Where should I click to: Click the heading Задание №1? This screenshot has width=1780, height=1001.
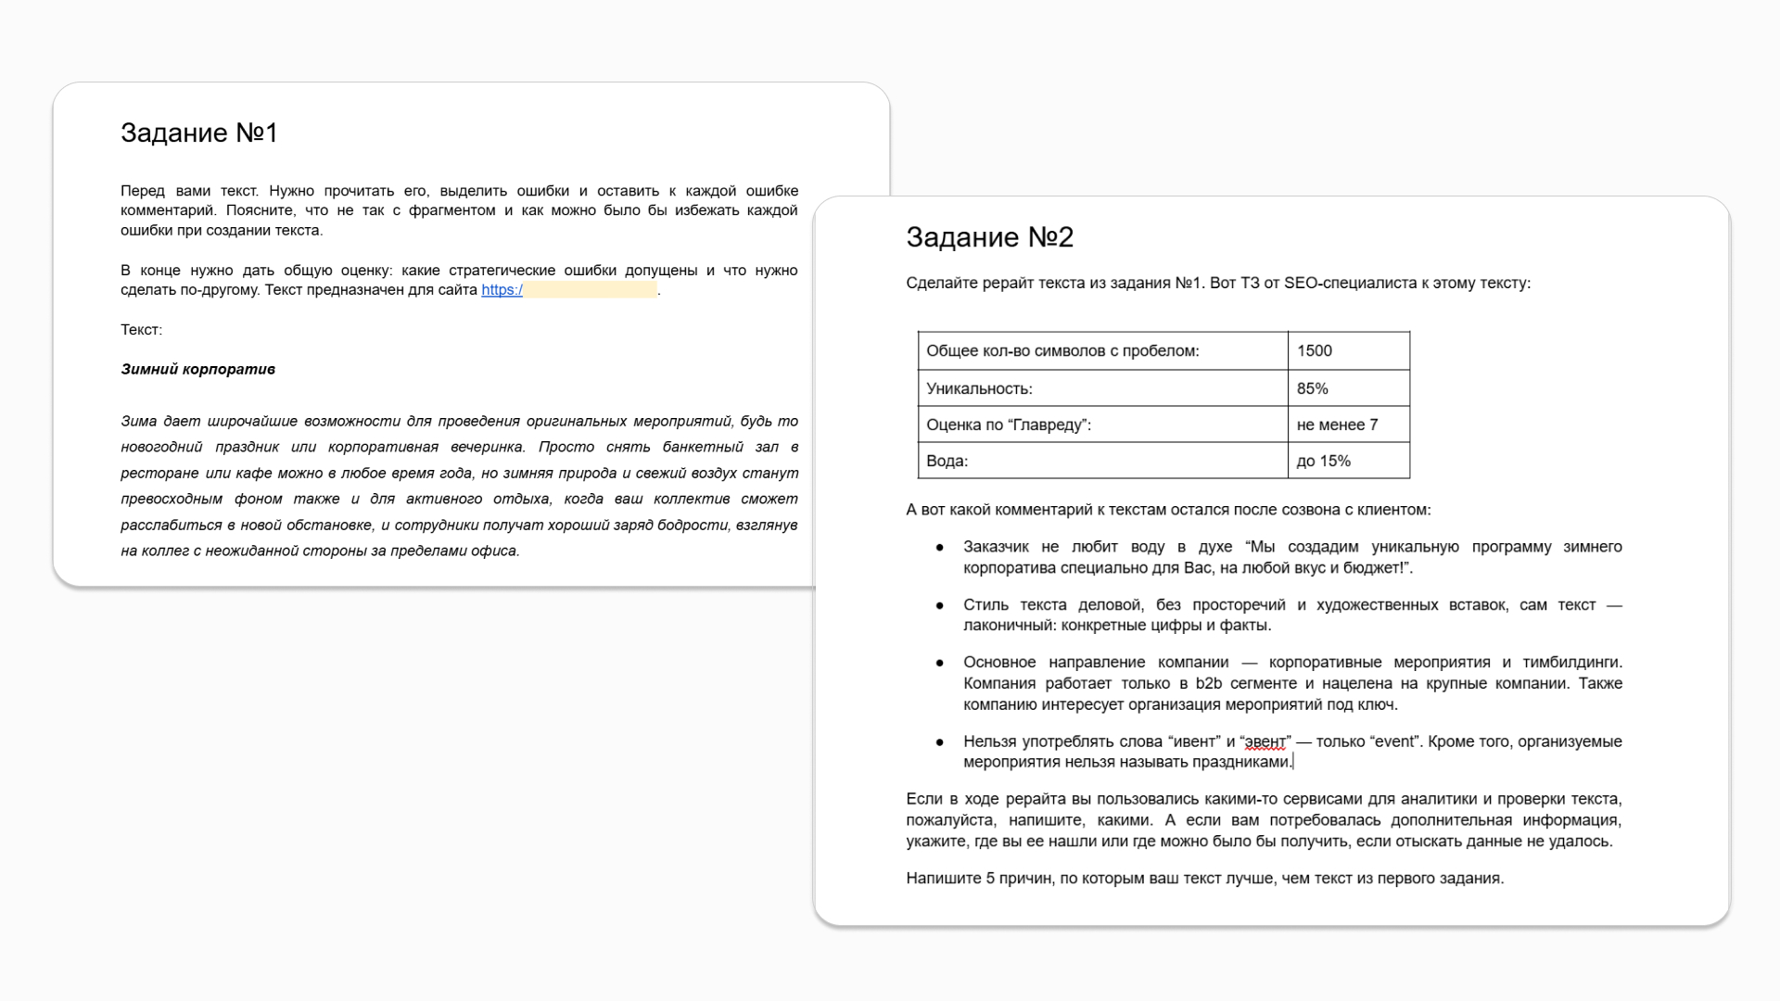pos(199,133)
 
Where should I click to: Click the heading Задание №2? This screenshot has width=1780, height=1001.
pos(989,237)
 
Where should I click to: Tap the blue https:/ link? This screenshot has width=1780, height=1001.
pos(502,290)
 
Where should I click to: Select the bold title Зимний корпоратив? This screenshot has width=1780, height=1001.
pos(197,369)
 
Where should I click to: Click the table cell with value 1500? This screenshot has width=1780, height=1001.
pos(1315,350)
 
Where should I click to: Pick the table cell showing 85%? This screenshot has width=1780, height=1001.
pos(1312,388)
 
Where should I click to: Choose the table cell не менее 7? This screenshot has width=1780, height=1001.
pos(1337,424)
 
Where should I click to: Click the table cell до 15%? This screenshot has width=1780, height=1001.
pos(1323,461)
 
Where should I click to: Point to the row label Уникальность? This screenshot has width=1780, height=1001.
pos(979,388)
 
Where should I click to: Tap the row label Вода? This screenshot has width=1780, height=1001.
pos(947,461)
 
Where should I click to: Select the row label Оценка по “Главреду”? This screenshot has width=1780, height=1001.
pos(1009,424)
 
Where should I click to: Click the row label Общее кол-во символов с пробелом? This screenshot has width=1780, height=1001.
pos(1062,350)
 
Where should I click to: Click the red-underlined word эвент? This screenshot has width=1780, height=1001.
pos(1265,741)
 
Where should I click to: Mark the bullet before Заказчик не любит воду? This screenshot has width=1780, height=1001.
pos(940,548)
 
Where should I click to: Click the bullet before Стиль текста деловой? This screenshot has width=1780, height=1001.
pos(940,605)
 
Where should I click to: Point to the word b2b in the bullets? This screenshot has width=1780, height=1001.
pos(1209,683)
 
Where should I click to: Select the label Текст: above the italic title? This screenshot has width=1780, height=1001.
pos(141,330)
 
